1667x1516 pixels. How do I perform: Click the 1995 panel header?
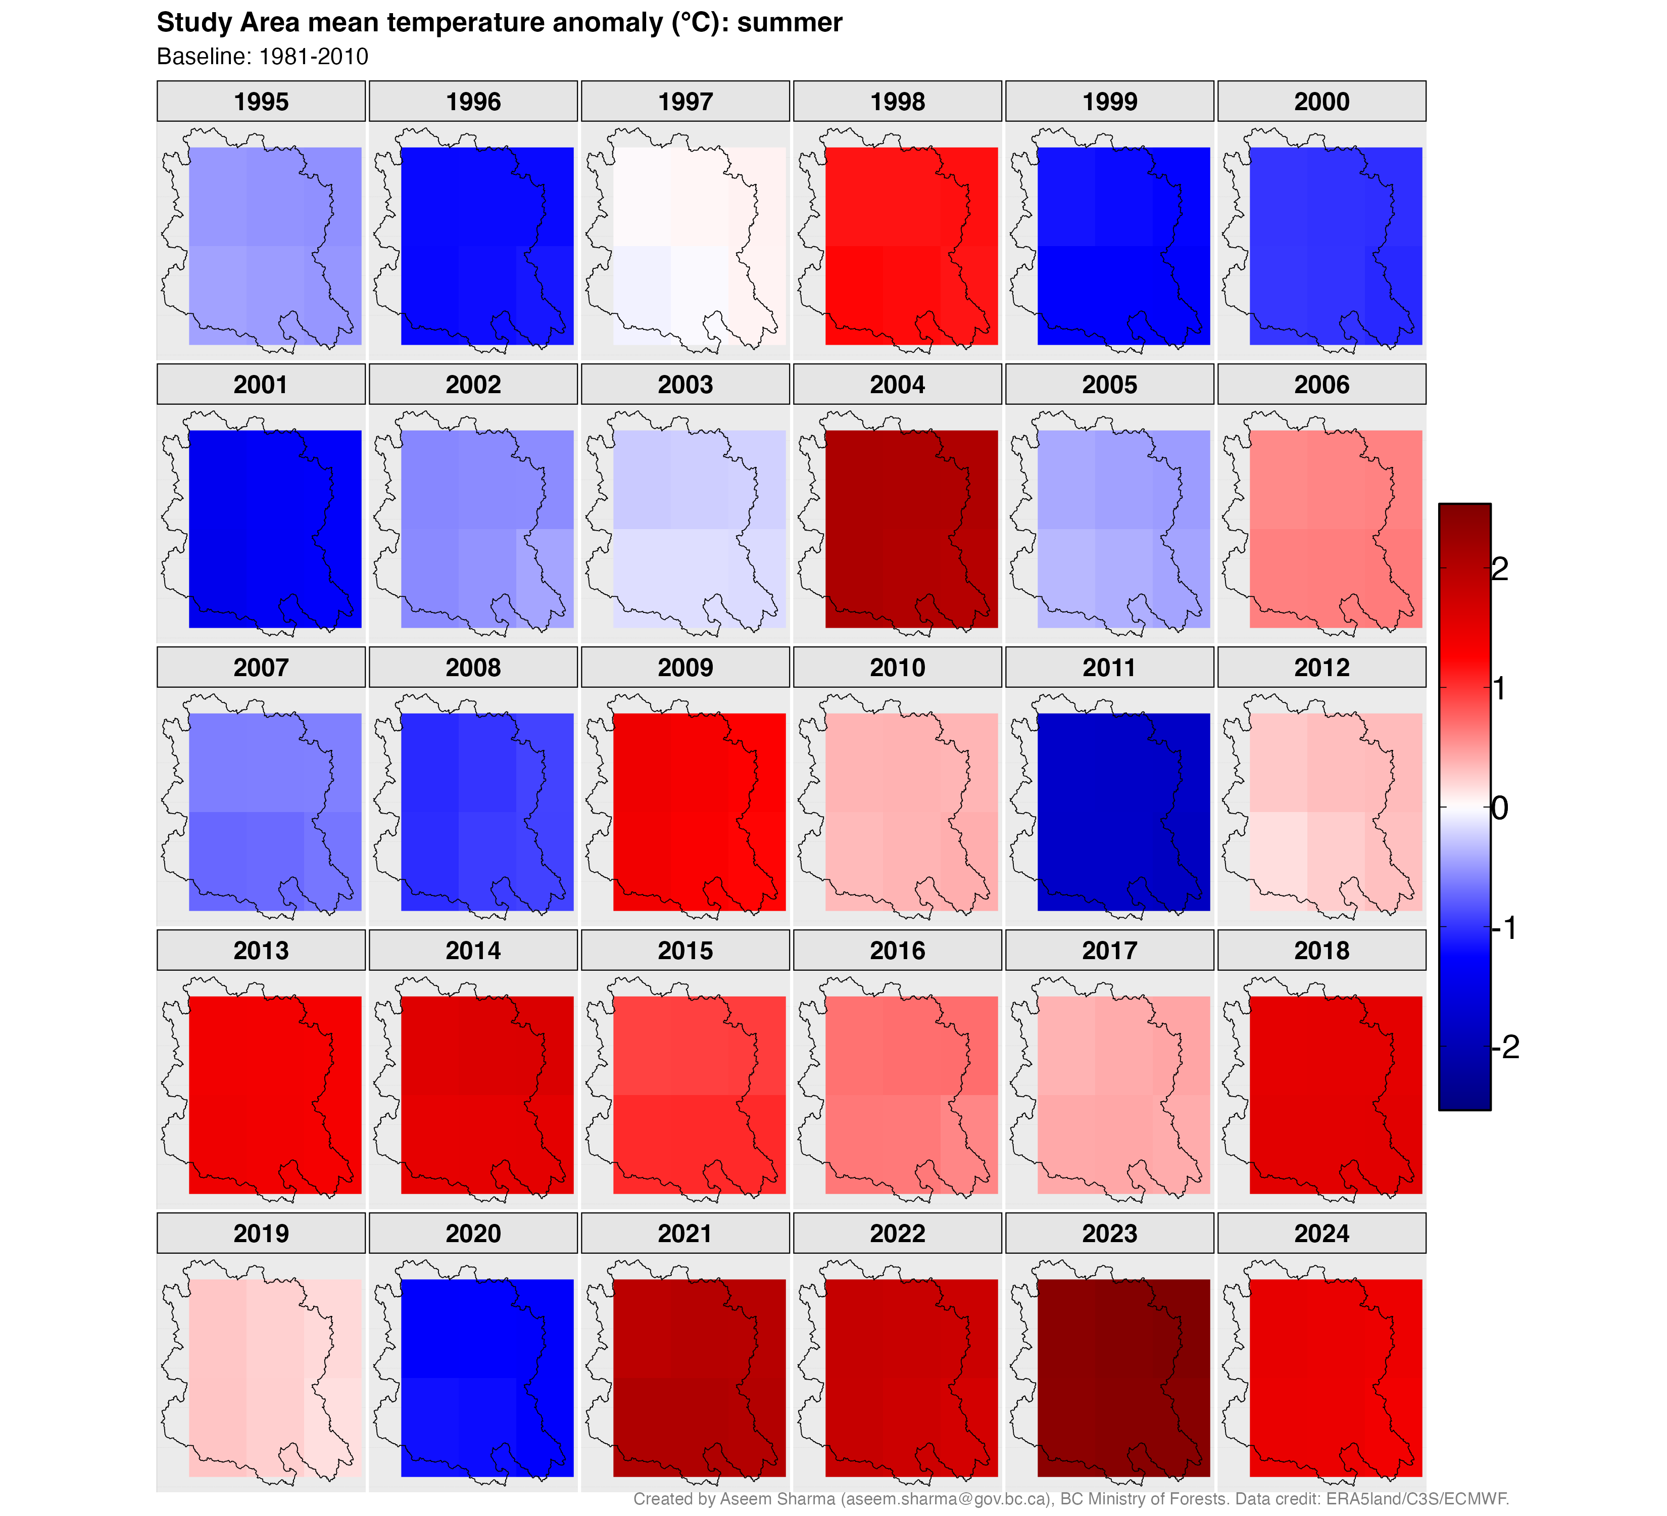[x=261, y=102]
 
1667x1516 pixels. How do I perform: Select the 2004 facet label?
[x=897, y=385]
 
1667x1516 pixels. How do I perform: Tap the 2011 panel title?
[x=1110, y=668]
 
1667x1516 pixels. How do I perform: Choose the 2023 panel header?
[x=1110, y=1233]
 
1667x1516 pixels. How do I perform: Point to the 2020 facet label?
[x=473, y=1233]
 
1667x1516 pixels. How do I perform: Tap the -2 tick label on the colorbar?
[x=1506, y=1047]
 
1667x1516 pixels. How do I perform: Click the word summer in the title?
[x=790, y=22]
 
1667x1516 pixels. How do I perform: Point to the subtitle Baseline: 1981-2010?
[x=263, y=56]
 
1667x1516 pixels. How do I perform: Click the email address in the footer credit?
[x=946, y=1499]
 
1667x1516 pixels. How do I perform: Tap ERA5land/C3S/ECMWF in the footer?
[x=1417, y=1499]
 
